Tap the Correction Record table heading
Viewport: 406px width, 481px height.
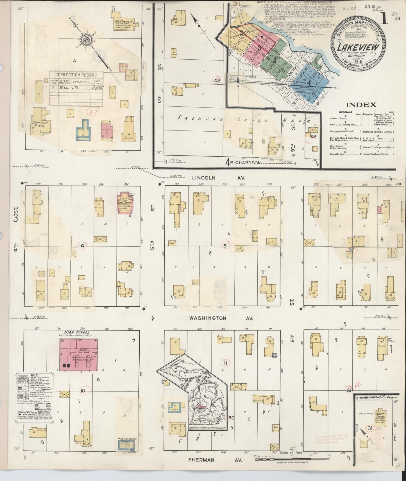(76, 75)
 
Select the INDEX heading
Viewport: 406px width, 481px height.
(361, 105)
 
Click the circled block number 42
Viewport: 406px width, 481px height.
(217, 80)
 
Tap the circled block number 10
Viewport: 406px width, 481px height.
(83, 391)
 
